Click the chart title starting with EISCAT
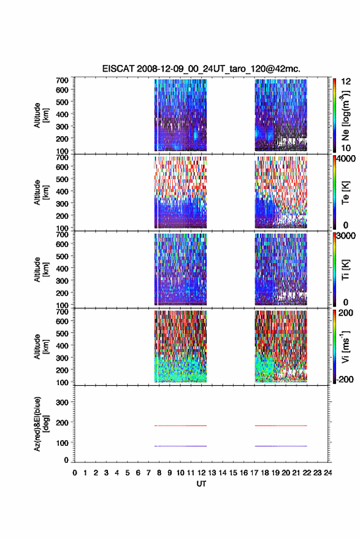(201, 69)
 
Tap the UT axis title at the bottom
(201, 484)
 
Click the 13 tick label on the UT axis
(212, 473)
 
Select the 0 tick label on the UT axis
(75, 473)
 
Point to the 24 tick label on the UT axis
(327, 473)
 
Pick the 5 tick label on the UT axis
(128, 473)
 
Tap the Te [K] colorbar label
(345, 193)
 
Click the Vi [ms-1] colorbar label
(345, 346)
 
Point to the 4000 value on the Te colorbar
(345, 159)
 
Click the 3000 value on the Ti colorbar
(345, 236)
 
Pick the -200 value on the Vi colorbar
(345, 379)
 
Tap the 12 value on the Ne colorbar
(346, 82)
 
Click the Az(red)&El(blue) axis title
(41, 424)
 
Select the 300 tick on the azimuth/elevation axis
(62, 402)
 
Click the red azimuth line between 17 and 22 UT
(281, 426)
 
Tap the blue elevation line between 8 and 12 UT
(180, 446)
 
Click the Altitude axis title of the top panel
(41, 115)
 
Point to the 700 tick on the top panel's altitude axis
(62, 80)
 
